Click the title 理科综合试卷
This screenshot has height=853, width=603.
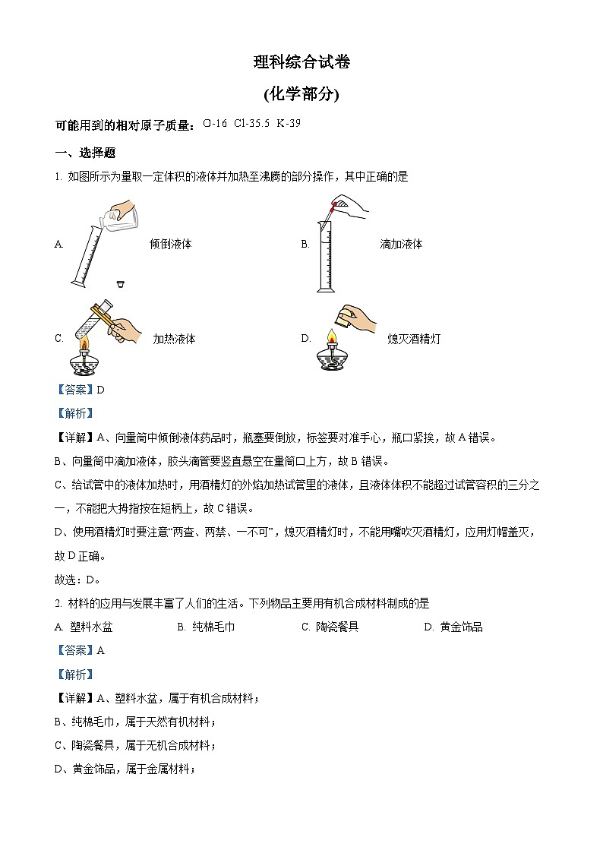click(x=301, y=63)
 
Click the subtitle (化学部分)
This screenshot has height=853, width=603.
click(x=301, y=94)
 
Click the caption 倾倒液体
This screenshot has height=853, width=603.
click(x=171, y=244)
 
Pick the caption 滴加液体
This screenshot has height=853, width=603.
click(x=401, y=244)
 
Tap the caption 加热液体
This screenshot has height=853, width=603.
click(x=174, y=339)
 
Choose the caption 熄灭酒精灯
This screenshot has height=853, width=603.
click(x=413, y=339)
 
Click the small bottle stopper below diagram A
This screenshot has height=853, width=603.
click(x=120, y=285)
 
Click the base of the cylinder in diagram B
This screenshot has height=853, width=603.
click(x=325, y=289)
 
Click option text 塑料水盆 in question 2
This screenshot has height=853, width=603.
click(x=92, y=627)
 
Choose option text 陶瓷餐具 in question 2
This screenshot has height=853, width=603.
click(x=336, y=627)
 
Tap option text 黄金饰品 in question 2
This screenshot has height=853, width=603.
click(x=461, y=627)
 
